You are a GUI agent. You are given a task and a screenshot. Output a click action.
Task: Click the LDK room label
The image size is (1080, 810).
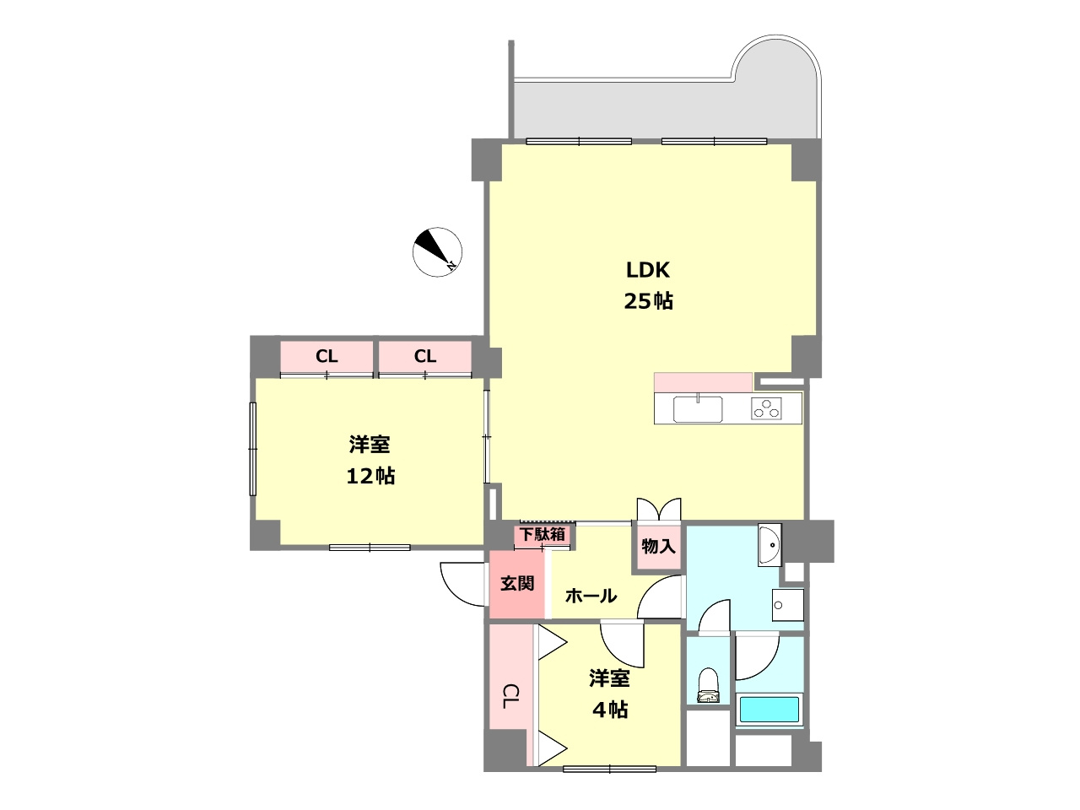(x=647, y=270)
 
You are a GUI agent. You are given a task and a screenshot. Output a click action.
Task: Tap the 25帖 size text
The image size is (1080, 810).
(x=648, y=301)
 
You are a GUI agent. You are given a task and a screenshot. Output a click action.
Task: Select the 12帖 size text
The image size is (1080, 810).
(x=370, y=476)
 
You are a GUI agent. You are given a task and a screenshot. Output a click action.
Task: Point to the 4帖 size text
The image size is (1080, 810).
(x=610, y=710)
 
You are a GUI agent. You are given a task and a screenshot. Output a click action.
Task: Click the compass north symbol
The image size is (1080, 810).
(x=437, y=251)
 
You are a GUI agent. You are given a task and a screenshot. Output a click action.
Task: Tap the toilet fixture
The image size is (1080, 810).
(x=709, y=685)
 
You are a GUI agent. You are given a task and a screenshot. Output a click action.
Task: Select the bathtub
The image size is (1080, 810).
(x=769, y=710)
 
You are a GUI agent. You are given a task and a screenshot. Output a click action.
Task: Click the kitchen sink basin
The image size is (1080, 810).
(x=698, y=408)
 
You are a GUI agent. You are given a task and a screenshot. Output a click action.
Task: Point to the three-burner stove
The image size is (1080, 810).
(x=766, y=408)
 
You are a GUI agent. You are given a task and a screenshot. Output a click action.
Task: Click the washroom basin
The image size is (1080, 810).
(x=769, y=545)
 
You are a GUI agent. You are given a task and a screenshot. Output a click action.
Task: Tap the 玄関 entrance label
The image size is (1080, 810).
(x=517, y=583)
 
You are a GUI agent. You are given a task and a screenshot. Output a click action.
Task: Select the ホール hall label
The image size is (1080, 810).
(x=591, y=596)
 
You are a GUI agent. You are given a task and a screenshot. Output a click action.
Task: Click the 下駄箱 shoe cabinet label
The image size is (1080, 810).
(x=543, y=534)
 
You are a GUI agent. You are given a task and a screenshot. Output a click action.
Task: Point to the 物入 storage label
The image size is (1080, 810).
(x=658, y=546)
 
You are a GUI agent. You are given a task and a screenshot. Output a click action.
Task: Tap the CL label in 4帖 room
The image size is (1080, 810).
(x=510, y=696)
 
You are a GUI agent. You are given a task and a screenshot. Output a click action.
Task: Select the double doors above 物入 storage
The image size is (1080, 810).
(x=659, y=509)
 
